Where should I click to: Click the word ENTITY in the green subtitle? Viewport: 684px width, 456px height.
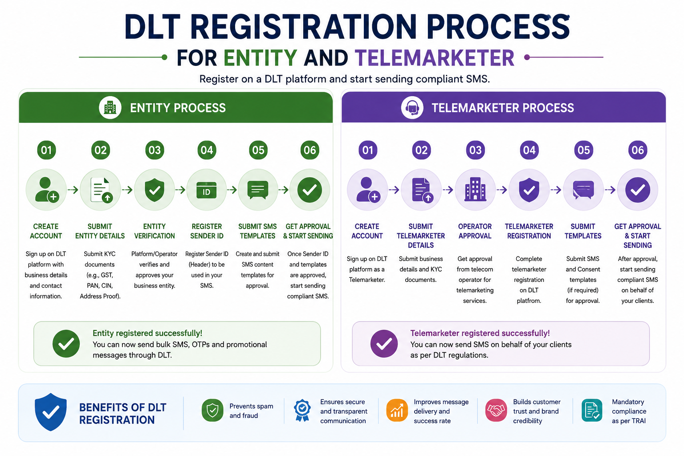[x=260, y=57]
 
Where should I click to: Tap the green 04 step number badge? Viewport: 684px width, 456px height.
[x=207, y=150]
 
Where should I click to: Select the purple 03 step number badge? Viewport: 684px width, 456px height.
[x=475, y=150]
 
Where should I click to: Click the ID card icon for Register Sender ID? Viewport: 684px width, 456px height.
[x=207, y=190]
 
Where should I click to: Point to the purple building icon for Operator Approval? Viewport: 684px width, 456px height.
[x=475, y=189]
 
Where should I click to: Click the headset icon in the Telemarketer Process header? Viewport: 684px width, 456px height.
[x=412, y=108]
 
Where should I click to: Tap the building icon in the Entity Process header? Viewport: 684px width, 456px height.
[x=110, y=108]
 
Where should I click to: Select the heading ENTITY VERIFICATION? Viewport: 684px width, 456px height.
[x=155, y=231]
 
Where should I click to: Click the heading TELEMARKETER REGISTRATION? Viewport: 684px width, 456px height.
[x=529, y=231]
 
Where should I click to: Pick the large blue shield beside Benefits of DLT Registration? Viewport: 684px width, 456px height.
[x=51, y=412]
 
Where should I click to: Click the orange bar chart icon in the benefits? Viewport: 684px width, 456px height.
[x=397, y=410]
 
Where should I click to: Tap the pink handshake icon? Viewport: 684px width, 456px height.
[x=496, y=410]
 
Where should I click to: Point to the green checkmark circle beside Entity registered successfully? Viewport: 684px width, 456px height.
[x=66, y=344]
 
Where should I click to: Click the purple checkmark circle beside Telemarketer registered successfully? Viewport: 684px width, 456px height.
[x=384, y=344]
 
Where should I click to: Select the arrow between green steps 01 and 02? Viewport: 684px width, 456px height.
[x=73, y=190]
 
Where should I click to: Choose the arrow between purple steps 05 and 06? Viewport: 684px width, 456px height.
[x=610, y=190]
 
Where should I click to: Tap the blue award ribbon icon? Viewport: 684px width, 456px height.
[x=302, y=411]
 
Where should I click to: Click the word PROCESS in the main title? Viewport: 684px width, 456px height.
[x=498, y=27]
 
